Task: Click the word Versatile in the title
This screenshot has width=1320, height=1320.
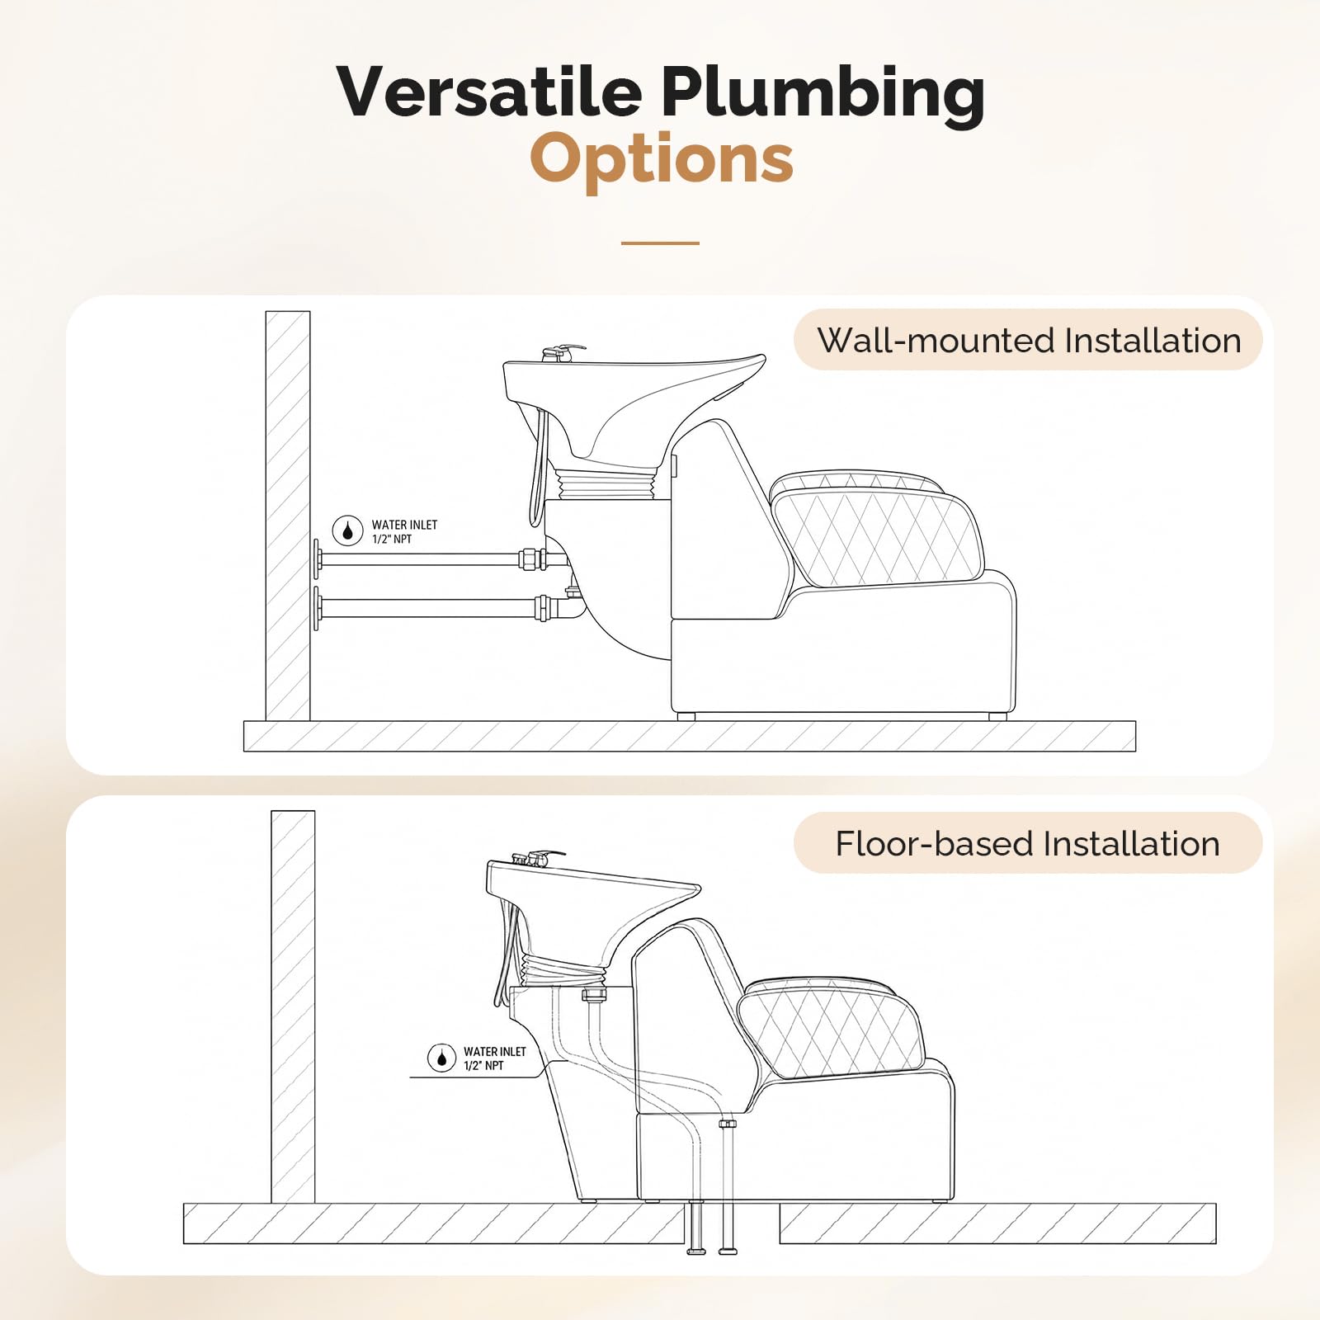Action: (489, 91)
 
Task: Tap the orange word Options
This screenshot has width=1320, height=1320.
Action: (662, 158)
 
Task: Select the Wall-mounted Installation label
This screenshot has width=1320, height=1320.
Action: (1028, 340)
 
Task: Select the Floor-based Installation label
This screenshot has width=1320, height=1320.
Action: (1028, 843)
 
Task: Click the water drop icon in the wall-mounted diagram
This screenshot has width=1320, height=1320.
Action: (347, 531)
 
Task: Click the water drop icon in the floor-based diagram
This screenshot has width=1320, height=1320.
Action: (441, 1058)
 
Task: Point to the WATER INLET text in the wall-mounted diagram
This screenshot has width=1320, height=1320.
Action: (404, 525)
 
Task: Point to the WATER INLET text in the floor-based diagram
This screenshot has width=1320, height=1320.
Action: (495, 1052)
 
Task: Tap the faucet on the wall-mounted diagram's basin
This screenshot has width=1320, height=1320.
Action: (562, 353)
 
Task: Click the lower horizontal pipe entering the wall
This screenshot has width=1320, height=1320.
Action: (437, 609)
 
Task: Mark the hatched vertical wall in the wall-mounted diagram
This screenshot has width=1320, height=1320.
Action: (288, 516)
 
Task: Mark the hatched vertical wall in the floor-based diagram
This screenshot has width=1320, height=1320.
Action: (293, 1006)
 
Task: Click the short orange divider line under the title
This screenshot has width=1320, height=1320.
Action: (660, 243)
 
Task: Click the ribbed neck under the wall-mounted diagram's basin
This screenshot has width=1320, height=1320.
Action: (608, 483)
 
